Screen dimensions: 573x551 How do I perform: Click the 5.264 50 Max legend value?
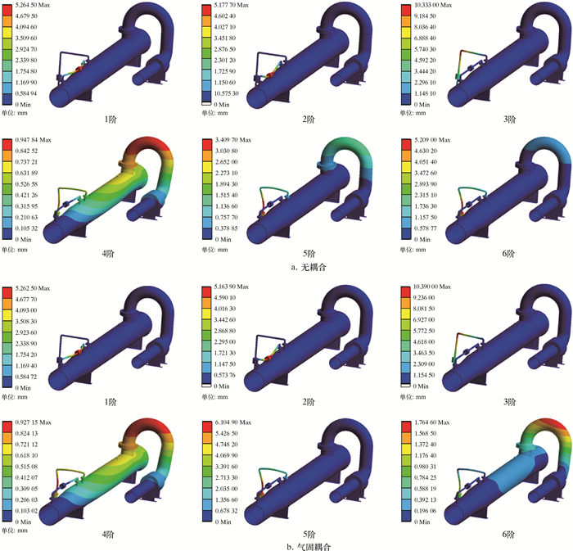click(x=33, y=5)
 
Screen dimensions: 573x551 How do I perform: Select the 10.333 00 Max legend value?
click(x=433, y=5)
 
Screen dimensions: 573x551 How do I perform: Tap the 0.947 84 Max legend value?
click(x=33, y=140)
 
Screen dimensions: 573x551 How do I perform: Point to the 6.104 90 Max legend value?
click(x=232, y=422)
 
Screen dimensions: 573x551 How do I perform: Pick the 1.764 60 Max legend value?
click(x=432, y=422)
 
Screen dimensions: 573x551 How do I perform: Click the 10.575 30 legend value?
click(x=226, y=93)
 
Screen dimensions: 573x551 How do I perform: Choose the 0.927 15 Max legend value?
click(x=33, y=422)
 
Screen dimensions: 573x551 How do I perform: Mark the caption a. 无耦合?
click(x=308, y=268)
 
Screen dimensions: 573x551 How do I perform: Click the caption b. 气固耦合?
click(x=309, y=547)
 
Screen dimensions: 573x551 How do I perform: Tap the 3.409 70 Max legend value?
click(x=232, y=140)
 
